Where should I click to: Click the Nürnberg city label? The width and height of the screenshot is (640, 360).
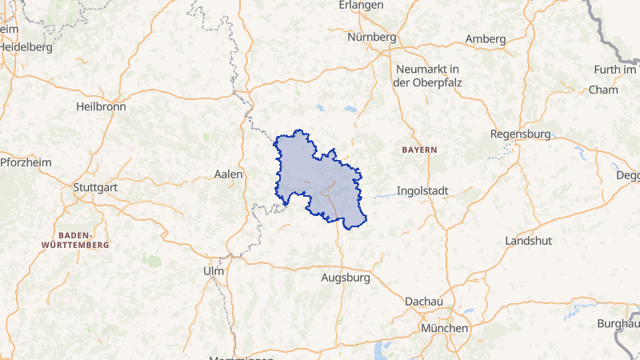coord(372,37)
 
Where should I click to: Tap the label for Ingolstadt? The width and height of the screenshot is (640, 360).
coord(423,192)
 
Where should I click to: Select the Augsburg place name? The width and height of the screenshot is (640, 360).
coord(345,278)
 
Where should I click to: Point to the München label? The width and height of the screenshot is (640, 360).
coord(444,329)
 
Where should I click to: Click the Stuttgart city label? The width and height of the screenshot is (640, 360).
coord(95,188)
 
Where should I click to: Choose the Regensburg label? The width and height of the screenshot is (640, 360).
coord(520,134)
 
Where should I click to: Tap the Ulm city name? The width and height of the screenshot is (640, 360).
coord(214,271)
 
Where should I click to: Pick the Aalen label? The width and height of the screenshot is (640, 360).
coord(229,174)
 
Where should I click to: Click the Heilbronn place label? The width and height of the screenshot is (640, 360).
coord(102,106)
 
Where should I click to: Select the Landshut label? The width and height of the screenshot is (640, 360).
coord(529,241)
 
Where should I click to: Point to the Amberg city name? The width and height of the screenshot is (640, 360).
coord(486,39)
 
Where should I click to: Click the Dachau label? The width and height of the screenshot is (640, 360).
coord(424,301)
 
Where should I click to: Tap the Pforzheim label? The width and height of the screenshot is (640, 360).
coord(26,162)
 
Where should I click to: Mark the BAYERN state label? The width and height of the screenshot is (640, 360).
coord(419,150)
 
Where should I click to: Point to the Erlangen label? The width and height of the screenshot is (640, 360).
coord(362,5)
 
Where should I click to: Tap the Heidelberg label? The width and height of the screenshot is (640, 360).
coord(26,46)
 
